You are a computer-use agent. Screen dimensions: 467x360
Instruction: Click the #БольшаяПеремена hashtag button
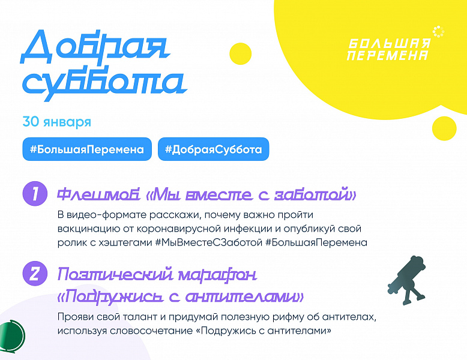(x=87, y=149)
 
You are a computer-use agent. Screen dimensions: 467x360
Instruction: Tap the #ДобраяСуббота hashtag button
(x=213, y=149)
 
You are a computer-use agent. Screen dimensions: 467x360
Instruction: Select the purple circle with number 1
(x=35, y=194)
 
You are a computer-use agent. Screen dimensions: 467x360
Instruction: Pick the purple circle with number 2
(x=35, y=274)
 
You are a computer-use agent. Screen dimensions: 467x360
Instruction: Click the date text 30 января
(x=56, y=122)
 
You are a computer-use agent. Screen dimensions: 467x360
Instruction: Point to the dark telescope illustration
(x=408, y=280)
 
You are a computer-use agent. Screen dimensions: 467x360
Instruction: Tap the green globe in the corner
(x=12, y=337)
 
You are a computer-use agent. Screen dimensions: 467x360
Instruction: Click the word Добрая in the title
(x=95, y=47)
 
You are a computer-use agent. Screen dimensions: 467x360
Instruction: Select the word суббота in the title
(x=104, y=85)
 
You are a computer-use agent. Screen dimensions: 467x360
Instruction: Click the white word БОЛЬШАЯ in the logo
(x=390, y=43)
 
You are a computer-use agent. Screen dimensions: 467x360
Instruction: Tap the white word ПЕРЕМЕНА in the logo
(x=388, y=55)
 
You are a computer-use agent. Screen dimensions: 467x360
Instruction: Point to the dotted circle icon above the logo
(x=438, y=32)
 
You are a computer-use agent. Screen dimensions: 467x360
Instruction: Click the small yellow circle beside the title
(x=241, y=53)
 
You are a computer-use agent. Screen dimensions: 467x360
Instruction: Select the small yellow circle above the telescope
(x=444, y=128)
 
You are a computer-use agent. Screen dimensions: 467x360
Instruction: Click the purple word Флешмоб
(x=98, y=194)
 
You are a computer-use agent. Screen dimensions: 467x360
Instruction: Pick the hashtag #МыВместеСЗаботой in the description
(x=208, y=242)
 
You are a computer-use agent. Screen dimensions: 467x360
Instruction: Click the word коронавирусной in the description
(x=179, y=229)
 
